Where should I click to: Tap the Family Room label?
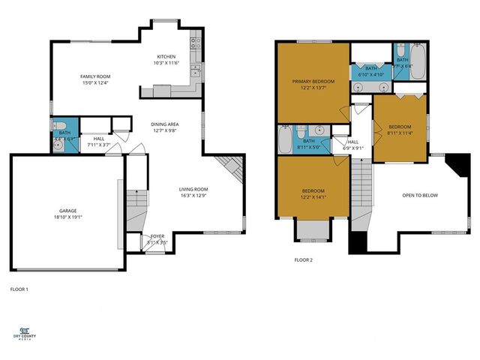click(96, 76)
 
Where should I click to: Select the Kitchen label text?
click(166, 57)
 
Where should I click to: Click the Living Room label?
click(193, 189)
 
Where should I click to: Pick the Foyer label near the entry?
click(157, 236)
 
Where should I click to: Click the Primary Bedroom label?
click(313, 82)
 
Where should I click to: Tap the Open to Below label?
click(420, 196)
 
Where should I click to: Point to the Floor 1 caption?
click(19, 289)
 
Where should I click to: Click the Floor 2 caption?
click(303, 259)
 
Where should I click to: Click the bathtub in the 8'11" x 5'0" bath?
click(286, 139)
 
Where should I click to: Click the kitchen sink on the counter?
click(194, 72)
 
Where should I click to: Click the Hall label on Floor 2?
click(352, 141)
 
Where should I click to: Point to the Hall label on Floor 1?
click(99, 139)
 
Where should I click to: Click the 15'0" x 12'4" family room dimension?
click(96, 83)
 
